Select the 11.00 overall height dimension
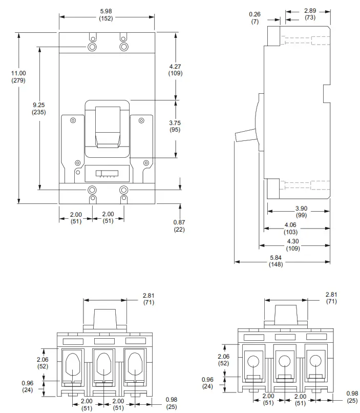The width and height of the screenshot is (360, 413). (x=18, y=76)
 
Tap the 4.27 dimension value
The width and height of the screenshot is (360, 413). (x=175, y=70)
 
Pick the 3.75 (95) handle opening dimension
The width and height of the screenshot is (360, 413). (x=175, y=127)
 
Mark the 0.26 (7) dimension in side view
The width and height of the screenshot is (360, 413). (x=255, y=18)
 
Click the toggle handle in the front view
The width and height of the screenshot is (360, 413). (x=108, y=126)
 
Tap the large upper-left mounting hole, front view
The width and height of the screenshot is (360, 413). (x=92, y=47)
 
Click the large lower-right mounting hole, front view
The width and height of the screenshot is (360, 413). (x=123, y=190)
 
